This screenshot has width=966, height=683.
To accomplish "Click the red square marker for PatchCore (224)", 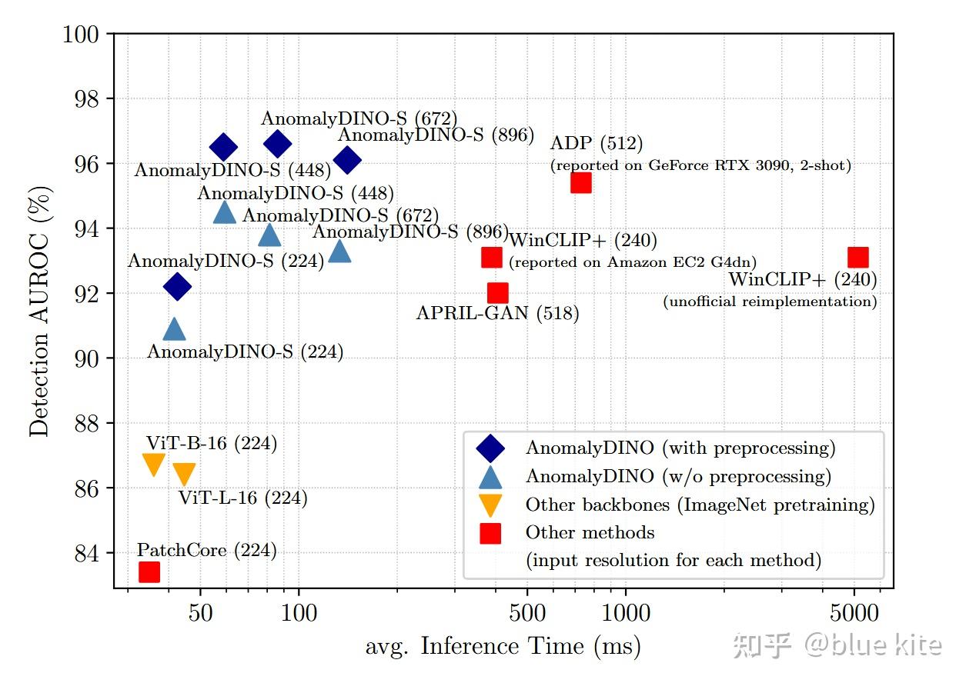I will pyautogui.click(x=149, y=571).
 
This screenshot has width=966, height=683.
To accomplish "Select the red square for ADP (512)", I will pyautogui.click(x=580, y=182).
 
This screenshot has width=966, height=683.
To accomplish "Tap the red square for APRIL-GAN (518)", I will pyautogui.click(x=497, y=292).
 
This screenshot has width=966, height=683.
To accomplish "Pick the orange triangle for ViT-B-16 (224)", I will pyautogui.click(x=154, y=464).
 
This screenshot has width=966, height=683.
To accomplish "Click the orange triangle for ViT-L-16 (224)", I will pyautogui.click(x=184, y=473).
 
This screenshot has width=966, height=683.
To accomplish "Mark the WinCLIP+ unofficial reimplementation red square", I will pyautogui.click(x=857, y=256).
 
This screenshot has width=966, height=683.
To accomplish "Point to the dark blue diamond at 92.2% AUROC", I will pyautogui.click(x=177, y=286).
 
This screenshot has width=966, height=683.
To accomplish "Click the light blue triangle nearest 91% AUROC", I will pyautogui.click(x=174, y=329).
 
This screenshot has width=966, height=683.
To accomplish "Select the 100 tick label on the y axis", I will pyautogui.click(x=80, y=35).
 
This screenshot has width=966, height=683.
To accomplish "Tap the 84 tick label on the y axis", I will pyautogui.click(x=86, y=553).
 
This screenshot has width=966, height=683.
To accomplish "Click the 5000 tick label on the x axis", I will pyautogui.click(x=854, y=614).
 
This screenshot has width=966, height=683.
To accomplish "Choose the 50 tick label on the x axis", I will pyautogui.click(x=200, y=614).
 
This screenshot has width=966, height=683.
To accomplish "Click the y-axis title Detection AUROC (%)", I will pyautogui.click(x=39, y=311).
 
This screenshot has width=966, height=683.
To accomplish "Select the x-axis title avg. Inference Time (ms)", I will pyautogui.click(x=503, y=646).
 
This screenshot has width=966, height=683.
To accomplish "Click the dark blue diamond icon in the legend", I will pyautogui.click(x=490, y=448).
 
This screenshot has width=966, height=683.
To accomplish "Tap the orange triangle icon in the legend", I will pyautogui.click(x=490, y=505).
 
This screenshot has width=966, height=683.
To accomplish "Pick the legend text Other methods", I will pyautogui.click(x=590, y=532).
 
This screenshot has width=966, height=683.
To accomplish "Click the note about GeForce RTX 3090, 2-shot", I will pyautogui.click(x=700, y=165).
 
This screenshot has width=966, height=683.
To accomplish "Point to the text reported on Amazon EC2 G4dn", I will pyautogui.click(x=632, y=262).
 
